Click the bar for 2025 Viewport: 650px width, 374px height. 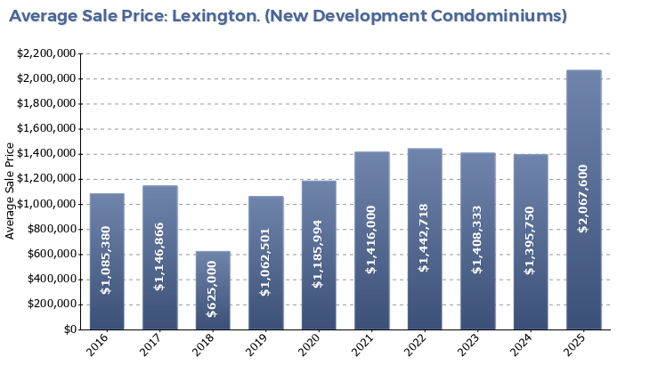[583, 199]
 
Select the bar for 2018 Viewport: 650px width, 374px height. [213, 290]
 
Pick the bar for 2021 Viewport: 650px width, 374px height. [371, 240]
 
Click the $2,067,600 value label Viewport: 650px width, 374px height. [583, 199]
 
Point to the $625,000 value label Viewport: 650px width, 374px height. [213, 290]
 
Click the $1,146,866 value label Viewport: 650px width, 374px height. [159, 257]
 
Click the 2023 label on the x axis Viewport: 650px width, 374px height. [469, 345]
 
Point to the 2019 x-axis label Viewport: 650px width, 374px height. [257, 345]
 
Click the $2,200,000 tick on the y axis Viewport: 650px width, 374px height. [45, 53]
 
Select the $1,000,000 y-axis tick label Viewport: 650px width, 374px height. [45, 204]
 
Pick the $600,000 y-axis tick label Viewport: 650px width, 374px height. [50, 255]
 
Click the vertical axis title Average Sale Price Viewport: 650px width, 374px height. [11, 191]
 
